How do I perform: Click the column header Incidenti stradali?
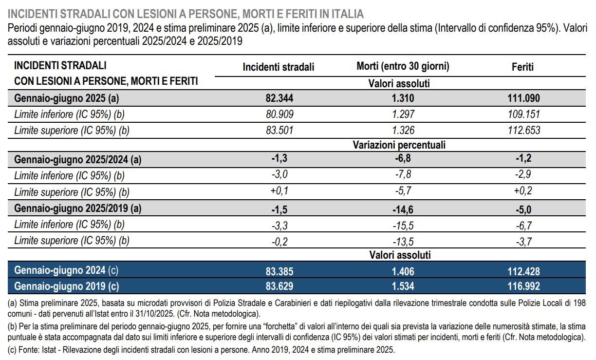(279, 67)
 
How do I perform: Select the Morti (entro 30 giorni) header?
(403, 67)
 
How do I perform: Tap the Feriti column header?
(523, 67)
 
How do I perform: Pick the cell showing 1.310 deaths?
(403, 98)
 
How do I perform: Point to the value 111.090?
(523, 98)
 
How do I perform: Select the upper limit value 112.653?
(523, 130)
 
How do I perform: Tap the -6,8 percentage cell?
(403, 159)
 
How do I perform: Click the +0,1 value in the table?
(279, 190)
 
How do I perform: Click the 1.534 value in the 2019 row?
(403, 286)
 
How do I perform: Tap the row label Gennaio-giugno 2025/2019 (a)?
(78, 208)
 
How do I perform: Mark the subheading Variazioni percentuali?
(399, 145)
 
